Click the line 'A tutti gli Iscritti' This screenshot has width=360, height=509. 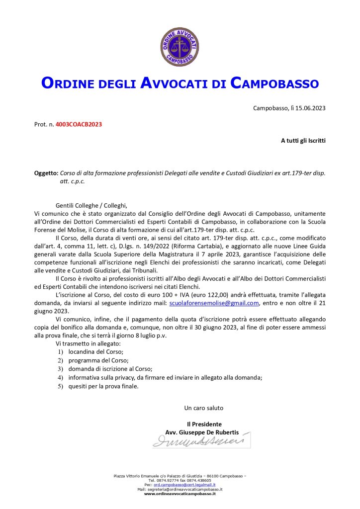[303, 141]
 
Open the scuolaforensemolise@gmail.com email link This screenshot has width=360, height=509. [214, 303]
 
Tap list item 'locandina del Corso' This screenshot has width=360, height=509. [92, 351]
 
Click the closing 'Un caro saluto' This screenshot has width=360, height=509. [204, 408]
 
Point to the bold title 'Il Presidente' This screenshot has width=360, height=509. [204, 424]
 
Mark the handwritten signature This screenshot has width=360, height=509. [199, 440]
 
